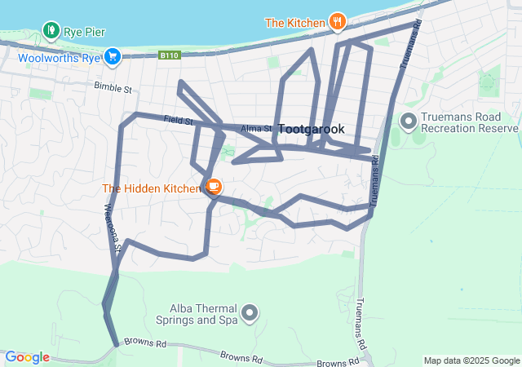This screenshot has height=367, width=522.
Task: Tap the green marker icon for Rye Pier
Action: (52, 32)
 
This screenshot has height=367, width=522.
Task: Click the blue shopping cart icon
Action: (113, 56)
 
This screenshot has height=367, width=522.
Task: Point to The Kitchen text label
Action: (294, 22)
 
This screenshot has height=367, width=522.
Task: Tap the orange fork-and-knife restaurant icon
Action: (337, 22)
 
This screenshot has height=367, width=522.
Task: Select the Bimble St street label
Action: (113, 86)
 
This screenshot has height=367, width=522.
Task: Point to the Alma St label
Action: (256, 129)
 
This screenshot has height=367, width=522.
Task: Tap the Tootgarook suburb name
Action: (312, 129)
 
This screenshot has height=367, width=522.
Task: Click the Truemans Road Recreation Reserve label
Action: (470, 122)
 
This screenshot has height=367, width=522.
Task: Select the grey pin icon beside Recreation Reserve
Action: (408, 122)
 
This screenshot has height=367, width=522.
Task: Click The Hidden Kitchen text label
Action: (151, 188)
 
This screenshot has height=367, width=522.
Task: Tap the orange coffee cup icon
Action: (213, 188)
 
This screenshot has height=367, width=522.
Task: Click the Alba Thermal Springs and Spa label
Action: (203, 314)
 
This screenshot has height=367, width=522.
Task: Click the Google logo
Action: (28, 357)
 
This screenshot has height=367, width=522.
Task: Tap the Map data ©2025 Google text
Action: (471, 360)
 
